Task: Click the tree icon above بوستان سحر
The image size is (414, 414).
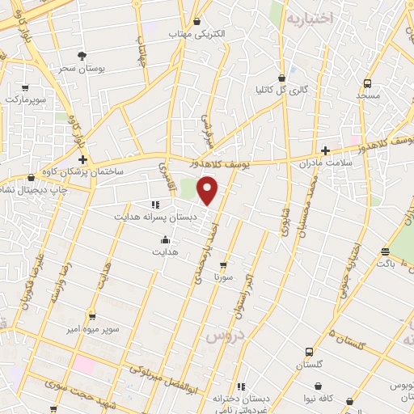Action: (82, 55)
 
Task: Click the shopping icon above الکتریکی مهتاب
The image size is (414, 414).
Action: (197, 22)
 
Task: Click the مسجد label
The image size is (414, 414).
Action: (367, 96)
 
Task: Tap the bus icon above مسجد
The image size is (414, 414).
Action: (367, 83)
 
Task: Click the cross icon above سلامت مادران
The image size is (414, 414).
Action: (325, 150)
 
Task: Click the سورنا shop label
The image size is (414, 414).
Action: (222, 277)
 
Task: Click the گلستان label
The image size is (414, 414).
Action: (309, 365)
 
